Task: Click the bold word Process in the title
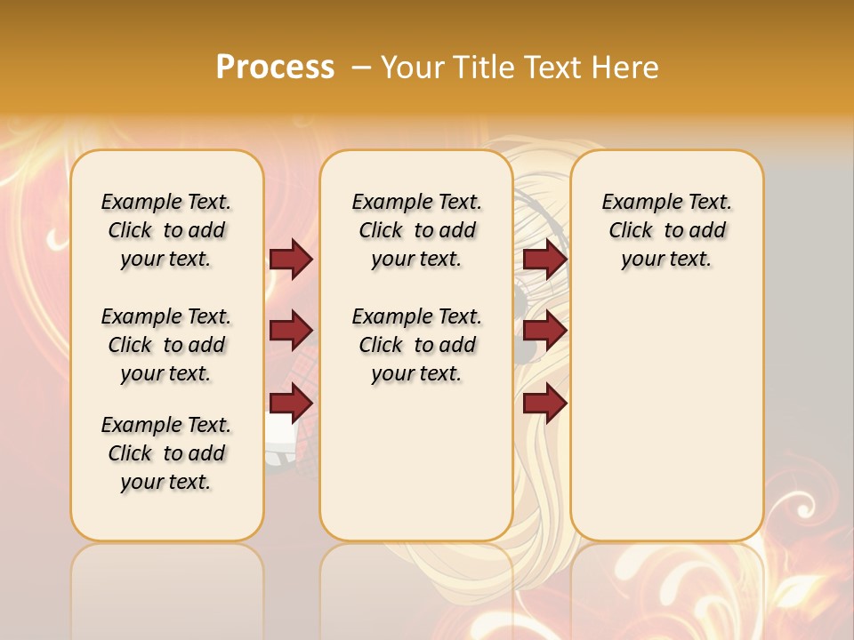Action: click(x=275, y=68)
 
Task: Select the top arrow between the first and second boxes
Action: click(x=291, y=259)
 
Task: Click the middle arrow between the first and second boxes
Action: click(x=291, y=331)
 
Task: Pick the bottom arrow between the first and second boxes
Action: click(x=291, y=403)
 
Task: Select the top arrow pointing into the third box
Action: click(x=544, y=259)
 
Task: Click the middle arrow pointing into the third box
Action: click(x=544, y=331)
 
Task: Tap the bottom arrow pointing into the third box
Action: click(x=544, y=403)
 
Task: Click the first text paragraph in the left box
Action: click(x=166, y=230)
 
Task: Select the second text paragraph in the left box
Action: click(x=166, y=345)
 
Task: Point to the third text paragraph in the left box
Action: click(x=166, y=453)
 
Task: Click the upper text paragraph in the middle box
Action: click(x=416, y=230)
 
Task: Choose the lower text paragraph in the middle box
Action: click(x=416, y=345)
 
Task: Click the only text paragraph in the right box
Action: click(x=666, y=230)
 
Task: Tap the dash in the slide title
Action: click(x=360, y=68)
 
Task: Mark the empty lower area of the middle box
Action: click(x=416, y=462)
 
